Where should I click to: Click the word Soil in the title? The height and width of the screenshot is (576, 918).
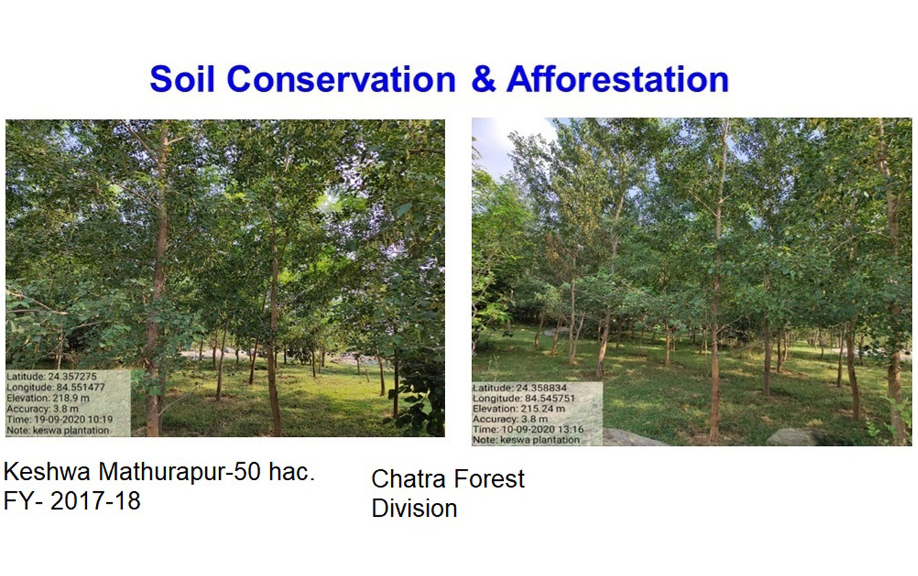183,79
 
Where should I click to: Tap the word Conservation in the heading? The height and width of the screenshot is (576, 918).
341,79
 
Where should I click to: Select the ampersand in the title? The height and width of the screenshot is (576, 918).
484,79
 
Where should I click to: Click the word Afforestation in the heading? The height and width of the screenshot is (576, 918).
618,79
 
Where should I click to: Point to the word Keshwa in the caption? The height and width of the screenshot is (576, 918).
47,471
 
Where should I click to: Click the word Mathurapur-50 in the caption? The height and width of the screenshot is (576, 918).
180,471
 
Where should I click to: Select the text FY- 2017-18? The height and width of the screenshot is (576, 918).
72,501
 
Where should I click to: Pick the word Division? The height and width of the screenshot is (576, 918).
414,508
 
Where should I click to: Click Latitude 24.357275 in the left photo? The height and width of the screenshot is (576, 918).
52,376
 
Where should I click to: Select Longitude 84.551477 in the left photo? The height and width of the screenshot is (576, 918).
56,387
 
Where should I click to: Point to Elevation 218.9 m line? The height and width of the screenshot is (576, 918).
48,398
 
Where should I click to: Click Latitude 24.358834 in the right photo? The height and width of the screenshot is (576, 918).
520,387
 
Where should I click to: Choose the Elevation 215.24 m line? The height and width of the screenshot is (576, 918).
519,409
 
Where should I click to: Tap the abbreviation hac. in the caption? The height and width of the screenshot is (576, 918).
292,471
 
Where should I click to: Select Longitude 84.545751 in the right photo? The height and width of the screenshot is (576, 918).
524,398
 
